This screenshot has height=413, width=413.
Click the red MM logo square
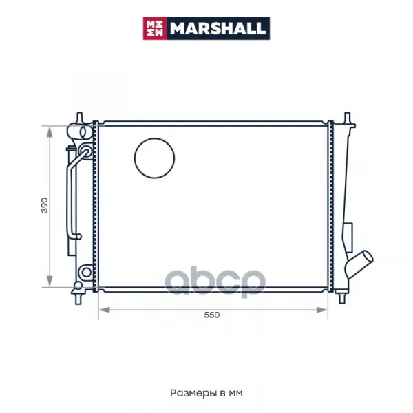tap(155, 28)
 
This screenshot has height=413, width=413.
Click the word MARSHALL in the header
tap(218, 28)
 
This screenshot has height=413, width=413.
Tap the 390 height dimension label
tap(45, 205)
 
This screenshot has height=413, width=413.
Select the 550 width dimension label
tap(212, 315)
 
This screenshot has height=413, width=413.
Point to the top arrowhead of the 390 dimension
tap(50, 131)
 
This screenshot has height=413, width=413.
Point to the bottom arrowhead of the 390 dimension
tap(50, 282)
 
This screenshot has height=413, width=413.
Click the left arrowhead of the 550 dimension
tap(105, 310)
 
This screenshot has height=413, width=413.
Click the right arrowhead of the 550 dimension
tap(322, 310)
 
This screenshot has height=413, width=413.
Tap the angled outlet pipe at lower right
tap(359, 264)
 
